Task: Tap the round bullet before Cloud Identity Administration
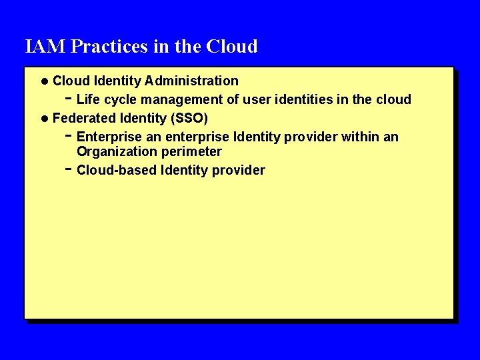click(44, 81)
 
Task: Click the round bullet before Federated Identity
click(44, 119)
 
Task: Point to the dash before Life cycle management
click(69, 98)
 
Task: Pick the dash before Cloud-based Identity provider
click(69, 169)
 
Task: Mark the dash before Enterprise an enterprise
click(69, 135)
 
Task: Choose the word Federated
click(83, 118)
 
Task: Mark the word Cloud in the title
click(232, 47)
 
